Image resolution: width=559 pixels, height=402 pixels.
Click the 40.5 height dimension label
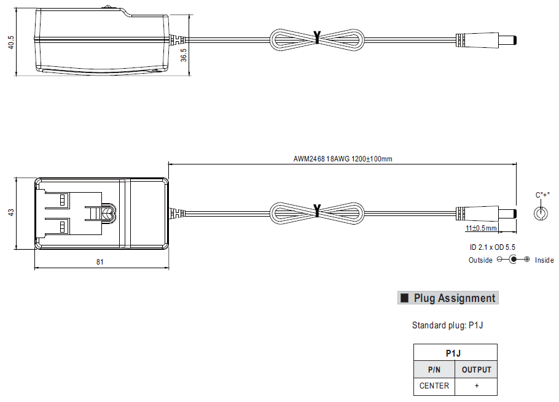coord(11,42)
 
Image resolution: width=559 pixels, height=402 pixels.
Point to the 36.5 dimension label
coord(184,54)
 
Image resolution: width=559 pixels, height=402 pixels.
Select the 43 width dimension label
coord(11,212)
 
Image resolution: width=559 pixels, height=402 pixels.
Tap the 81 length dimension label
coord(100,261)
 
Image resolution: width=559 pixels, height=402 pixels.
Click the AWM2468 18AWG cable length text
coord(343,158)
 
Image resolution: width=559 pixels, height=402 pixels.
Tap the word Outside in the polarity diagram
coord(480,260)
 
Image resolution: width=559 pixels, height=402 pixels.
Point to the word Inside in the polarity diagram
coord(544,260)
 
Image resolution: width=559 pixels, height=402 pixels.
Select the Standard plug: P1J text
coord(447,325)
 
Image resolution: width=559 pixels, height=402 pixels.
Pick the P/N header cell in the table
coord(434,369)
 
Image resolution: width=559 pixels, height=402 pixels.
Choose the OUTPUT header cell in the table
coord(476,369)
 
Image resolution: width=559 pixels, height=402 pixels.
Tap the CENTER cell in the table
coord(434,386)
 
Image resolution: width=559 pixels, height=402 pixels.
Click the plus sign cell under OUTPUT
coord(476,386)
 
